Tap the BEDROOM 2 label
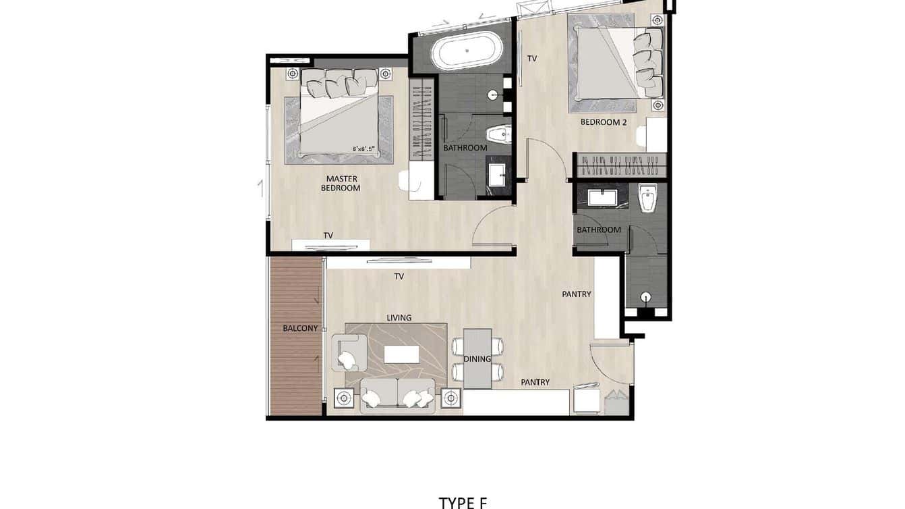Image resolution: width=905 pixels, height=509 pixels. [x=604, y=122]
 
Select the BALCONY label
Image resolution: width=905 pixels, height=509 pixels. [x=300, y=328]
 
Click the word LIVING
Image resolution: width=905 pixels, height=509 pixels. [x=399, y=317]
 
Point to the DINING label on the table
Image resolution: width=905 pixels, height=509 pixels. [x=477, y=358]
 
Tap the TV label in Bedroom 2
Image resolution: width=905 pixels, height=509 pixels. [x=532, y=59]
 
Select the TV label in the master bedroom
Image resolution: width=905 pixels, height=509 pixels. [x=328, y=236]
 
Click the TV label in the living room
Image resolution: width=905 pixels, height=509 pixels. [x=399, y=276]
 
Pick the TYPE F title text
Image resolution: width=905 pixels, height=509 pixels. [x=463, y=502]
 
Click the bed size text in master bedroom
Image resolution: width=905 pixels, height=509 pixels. [x=363, y=149]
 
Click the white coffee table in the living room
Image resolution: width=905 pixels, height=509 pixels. [x=401, y=354]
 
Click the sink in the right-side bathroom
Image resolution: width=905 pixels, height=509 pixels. [x=600, y=197]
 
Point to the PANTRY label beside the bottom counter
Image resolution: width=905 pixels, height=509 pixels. [x=535, y=382]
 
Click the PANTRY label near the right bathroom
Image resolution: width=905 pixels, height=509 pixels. [x=577, y=294]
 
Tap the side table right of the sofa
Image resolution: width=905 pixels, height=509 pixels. [x=451, y=398]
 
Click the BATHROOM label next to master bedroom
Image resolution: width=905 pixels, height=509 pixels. [x=465, y=148]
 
